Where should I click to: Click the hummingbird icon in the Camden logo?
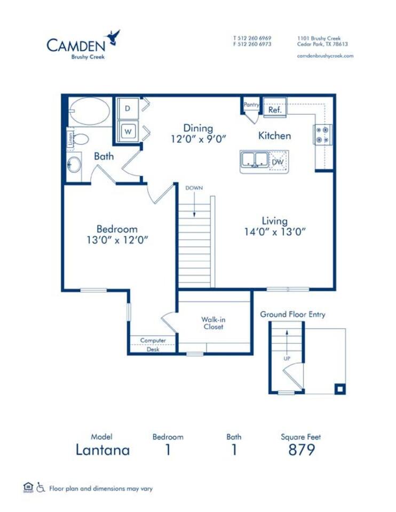[x=114, y=37]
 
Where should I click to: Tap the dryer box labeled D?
[x=128, y=108]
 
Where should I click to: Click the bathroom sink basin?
[x=74, y=164]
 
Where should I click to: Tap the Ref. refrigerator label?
[x=275, y=110]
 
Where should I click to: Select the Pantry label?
[x=251, y=105]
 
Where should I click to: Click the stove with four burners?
[x=322, y=134]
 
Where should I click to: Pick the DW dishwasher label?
[x=278, y=161]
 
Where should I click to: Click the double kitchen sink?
[x=255, y=159]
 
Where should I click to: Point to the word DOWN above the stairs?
[x=194, y=188]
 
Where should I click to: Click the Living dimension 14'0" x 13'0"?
[x=275, y=232]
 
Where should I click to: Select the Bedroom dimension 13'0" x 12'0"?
[x=117, y=240]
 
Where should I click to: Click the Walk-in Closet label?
[x=213, y=323]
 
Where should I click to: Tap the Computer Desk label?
[x=153, y=345]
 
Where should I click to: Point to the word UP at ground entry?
[x=287, y=358]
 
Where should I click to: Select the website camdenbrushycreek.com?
[x=325, y=55]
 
